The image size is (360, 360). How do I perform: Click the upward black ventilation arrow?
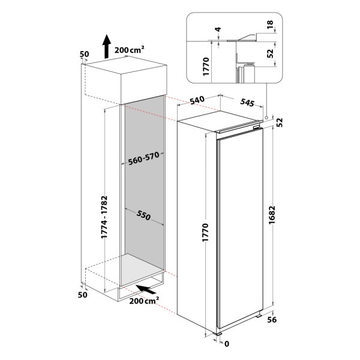click(106, 46)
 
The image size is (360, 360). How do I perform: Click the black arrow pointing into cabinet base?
click(145, 289)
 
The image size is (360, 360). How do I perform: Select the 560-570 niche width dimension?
click(144, 158)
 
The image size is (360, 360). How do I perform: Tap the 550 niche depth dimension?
click(143, 215)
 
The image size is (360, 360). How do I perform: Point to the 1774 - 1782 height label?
click(104, 217)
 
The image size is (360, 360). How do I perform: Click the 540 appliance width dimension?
click(197, 100)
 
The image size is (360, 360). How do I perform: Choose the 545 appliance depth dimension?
click(247, 103)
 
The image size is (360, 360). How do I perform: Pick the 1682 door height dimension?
click(272, 215)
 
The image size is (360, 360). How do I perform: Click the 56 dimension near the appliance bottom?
click(272, 319)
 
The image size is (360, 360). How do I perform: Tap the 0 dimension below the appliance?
click(227, 344)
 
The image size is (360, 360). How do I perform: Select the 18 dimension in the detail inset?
click(270, 25)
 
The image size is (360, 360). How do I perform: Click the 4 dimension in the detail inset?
click(218, 29)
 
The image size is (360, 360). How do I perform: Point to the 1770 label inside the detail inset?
click(206, 67)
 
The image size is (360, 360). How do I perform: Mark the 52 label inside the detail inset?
click(271, 53)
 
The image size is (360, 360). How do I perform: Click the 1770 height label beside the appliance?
click(205, 232)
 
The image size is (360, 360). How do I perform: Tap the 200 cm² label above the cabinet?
click(130, 49)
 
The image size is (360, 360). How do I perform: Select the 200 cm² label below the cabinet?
click(144, 301)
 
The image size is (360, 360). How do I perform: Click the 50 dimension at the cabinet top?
click(84, 54)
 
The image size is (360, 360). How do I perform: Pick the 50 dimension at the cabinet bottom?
click(83, 295)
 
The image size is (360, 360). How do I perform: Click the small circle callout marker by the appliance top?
click(266, 118)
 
